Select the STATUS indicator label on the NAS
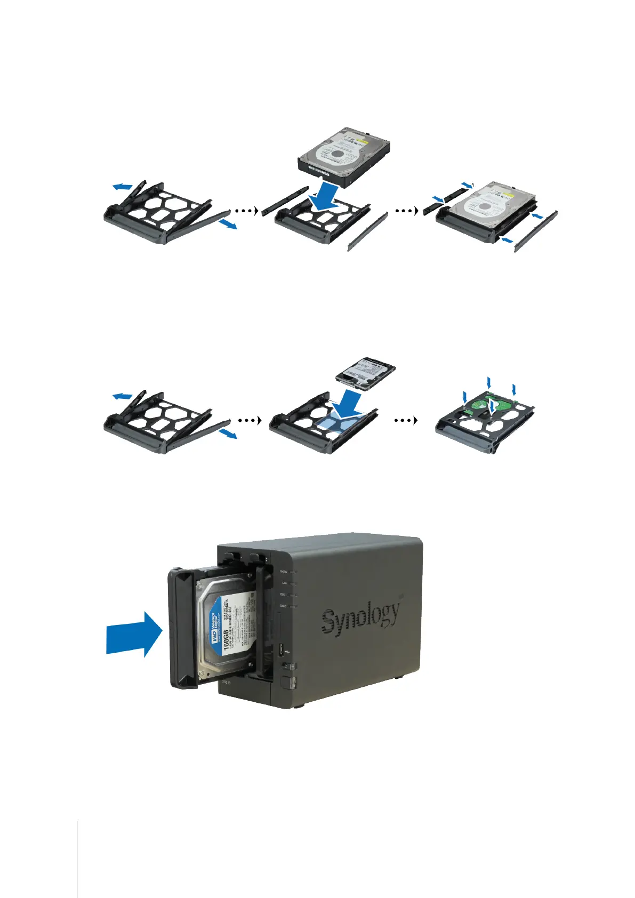pyautogui.click(x=283, y=571)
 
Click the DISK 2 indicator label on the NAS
pyautogui.click(x=283, y=606)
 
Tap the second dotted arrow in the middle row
pyautogui.click(x=406, y=420)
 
